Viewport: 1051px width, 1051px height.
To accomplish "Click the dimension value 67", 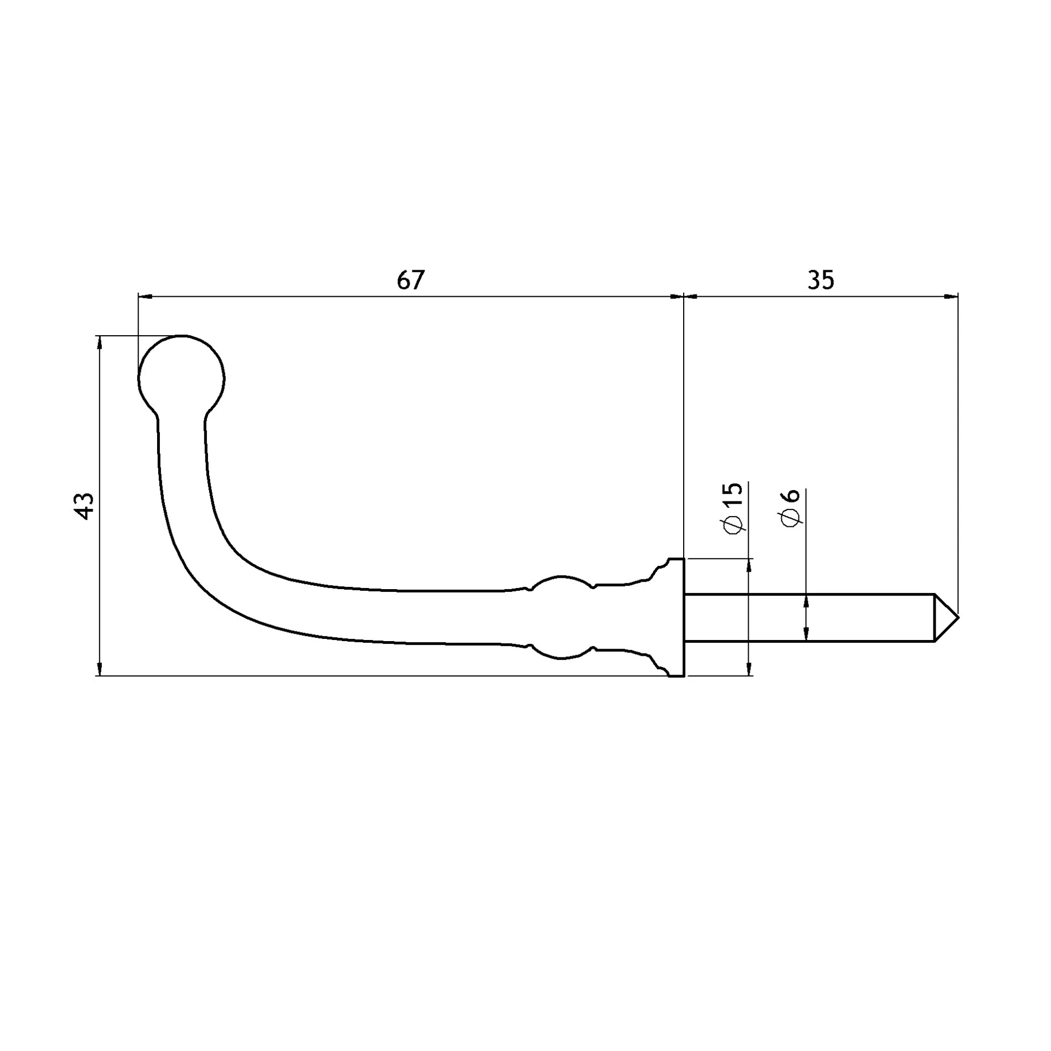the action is (x=410, y=280).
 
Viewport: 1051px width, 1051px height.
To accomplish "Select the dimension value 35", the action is (x=820, y=280).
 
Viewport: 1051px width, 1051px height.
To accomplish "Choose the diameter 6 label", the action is (x=790, y=508).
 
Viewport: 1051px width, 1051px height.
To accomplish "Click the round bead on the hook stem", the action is (x=561, y=617).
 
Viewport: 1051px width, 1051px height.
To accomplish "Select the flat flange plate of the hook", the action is (x=676, y=617).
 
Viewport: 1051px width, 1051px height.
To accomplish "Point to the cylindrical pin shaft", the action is (x=809, y=617).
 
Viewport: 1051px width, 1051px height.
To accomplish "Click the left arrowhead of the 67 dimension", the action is (x=145, y=297).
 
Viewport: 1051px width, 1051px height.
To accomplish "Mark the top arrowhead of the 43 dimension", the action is (x=99, y=342).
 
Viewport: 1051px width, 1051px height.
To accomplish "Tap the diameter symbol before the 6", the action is (x=790, y=518).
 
